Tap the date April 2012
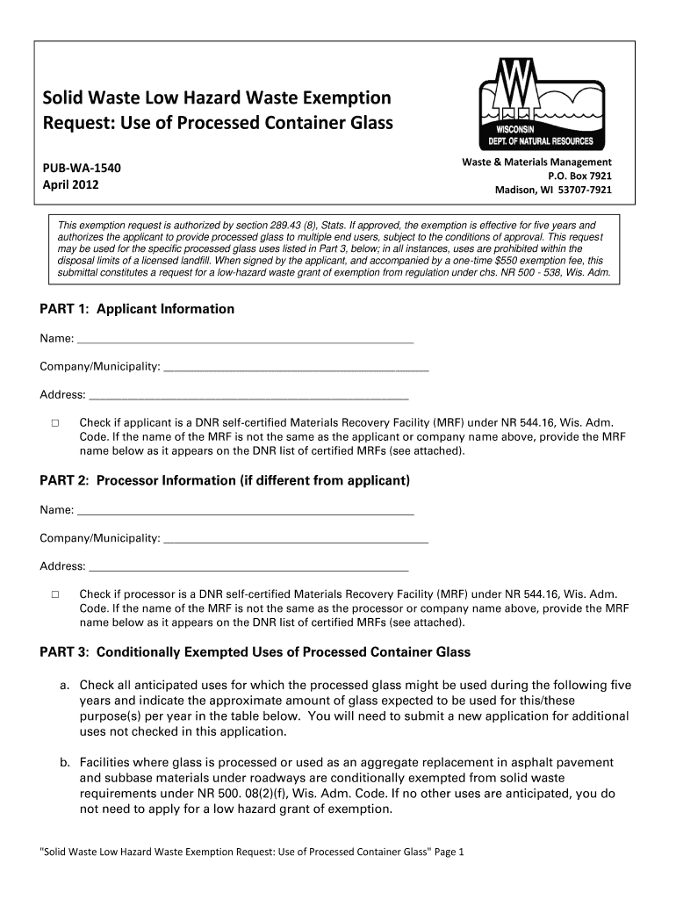coord(71,185)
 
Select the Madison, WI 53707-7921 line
coord(554,190)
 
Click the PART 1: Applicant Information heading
coord(137,309)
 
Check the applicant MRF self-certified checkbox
coord(54,422)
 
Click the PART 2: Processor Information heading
coord(225,481)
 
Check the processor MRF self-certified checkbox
coord(54,594)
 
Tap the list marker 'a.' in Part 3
coord(66,685)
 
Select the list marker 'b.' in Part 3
coord(66,763)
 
